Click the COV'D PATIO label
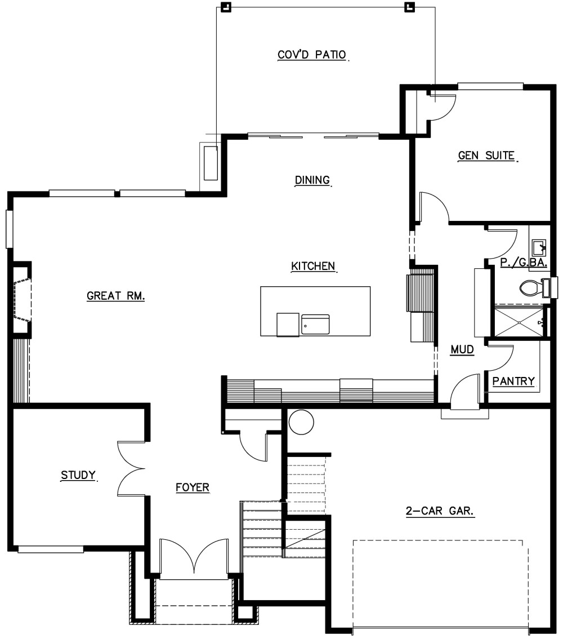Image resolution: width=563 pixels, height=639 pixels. (312, 55)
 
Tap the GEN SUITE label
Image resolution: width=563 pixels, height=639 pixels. (486, 156)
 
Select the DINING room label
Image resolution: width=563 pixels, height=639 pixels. (312, 180)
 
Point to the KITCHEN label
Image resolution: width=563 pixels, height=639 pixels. (313, 266)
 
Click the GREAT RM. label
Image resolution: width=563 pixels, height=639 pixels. (115, 295)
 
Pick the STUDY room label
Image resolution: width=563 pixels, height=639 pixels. (78, 475)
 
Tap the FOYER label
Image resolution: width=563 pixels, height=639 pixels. (193, 487)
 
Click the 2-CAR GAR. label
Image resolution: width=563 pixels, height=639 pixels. (440, 511)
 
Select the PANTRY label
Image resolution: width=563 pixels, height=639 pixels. (513, 381)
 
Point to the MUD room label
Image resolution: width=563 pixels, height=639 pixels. (462, 349)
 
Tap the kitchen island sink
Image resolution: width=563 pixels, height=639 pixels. (315, 325)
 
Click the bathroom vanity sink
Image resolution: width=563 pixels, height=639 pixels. (539, 247)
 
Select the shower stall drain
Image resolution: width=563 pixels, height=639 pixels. (520, 322)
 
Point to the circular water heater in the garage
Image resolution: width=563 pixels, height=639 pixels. (301, 422)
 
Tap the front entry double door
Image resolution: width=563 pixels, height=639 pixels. (194, 557)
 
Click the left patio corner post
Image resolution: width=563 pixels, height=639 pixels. (226, 7)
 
